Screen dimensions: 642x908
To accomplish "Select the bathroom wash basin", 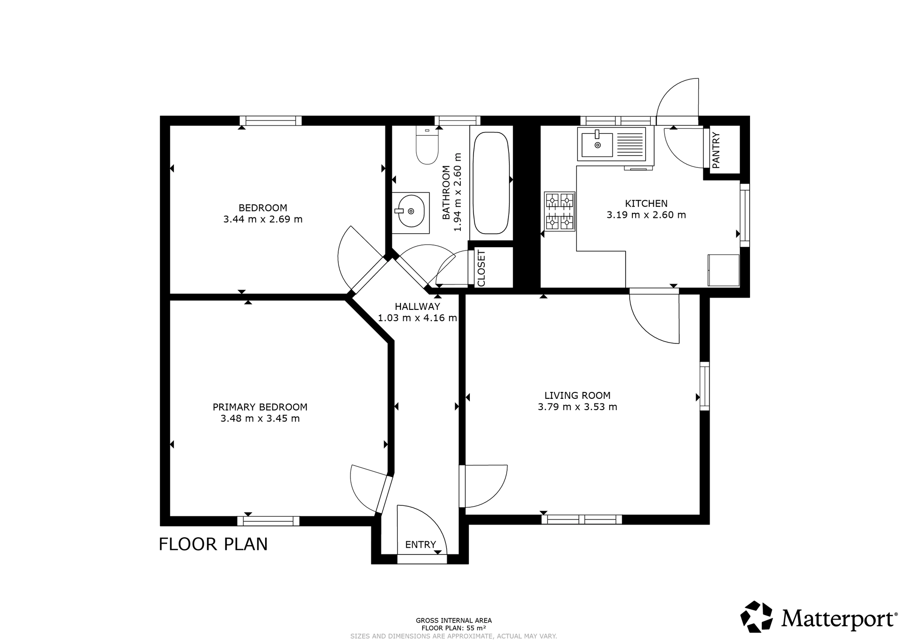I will coord(411,211).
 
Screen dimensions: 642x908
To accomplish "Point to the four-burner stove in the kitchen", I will coord(560,211).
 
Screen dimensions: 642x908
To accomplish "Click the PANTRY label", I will coord(716,150).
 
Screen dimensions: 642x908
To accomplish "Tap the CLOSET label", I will coord(482,268).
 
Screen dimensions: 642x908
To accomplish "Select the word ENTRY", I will coord(420,544).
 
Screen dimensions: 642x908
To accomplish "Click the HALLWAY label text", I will coord(417,307).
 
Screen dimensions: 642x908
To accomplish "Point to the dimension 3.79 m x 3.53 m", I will coord(577,407).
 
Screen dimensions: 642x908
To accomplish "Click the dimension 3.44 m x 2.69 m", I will coord(263,220).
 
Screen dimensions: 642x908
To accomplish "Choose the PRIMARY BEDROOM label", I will coord(260,407).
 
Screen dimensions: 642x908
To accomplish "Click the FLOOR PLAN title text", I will coord(213,544).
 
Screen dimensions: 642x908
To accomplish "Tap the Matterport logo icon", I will coord(756,617).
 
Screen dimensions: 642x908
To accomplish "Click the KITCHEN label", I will coord(646,204).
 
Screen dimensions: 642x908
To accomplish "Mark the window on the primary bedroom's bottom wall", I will coord(268,521).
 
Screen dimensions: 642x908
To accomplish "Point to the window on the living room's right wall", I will coord(704,386).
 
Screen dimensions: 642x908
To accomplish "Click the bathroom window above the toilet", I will coord(457,121).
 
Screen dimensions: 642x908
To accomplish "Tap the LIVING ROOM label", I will coord(577,396).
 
